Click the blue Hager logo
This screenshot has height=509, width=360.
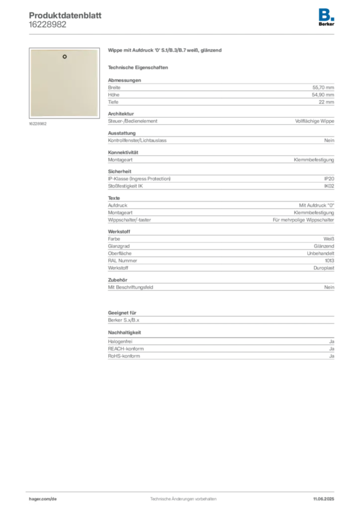[x=327, y=13]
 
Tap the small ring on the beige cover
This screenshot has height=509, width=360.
[x=65, y=57]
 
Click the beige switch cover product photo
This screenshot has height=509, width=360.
[x=63, y=83]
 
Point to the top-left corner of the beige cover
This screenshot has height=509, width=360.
[x=30, y=50]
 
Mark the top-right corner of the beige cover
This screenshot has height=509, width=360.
[x=97, y=50]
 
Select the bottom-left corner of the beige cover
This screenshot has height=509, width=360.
[x=30, y=117]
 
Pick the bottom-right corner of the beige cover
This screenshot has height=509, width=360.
[x=97, y=117]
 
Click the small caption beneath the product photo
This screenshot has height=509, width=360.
[x=38, y=124]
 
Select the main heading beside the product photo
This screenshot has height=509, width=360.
[x=165, y=51]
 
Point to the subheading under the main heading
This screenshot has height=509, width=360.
[x=140, y=67]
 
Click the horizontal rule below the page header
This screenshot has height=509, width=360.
[x=183, y=34]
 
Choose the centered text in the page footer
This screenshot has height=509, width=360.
[x=182, y=497]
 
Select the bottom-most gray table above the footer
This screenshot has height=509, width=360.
[x=220, y=349]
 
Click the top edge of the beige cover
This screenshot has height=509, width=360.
[x=64, y=50]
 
